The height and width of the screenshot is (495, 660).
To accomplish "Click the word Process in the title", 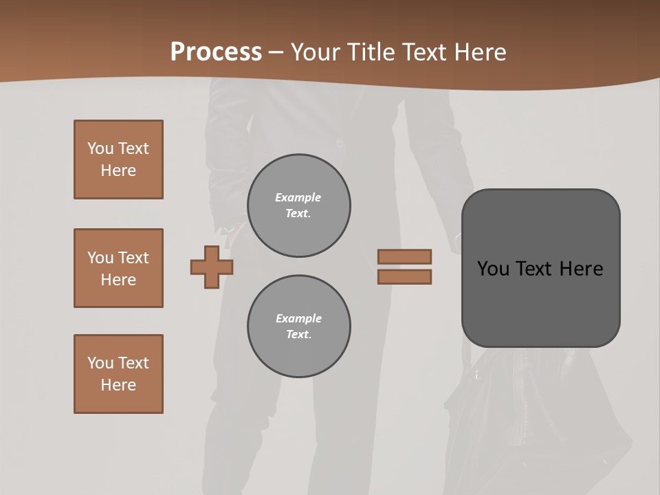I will pyautogui.click(x=216, y=52).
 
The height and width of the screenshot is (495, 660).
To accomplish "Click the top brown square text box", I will pyautogui.click(x=118, y=159).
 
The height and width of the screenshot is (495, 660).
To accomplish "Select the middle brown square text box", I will pyautogui.click(x=118, y=268).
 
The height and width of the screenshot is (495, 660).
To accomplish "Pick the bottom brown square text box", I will pyautogui.click(x=118, y=374).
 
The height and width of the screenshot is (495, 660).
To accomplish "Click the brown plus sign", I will pyautogui.click(x=212, y=267).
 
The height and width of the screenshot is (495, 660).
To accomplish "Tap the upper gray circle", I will pyautogui.click(x=298, y=206).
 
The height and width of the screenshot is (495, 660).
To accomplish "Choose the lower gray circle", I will pyautogui.click(x=298, y=327).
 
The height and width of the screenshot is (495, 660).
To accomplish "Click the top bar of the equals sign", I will pyautogui.click(x=404, y=256).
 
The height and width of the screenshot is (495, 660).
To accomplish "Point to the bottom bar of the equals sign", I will pyautogui.click(x=404, y=276).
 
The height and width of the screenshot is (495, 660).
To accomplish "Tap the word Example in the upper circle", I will pyautogui.click(x=298, y=197).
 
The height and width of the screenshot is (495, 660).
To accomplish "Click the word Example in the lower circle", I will pyautogui.click(x=298, y=318).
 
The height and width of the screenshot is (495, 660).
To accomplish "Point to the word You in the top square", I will pyautogui.click(x=100, y=148).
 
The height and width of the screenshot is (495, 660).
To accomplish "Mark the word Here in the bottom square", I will pyautogui.click(x=118, y=385).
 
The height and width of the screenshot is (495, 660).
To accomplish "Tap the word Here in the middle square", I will pyautogui.click(x=118, y=280).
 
